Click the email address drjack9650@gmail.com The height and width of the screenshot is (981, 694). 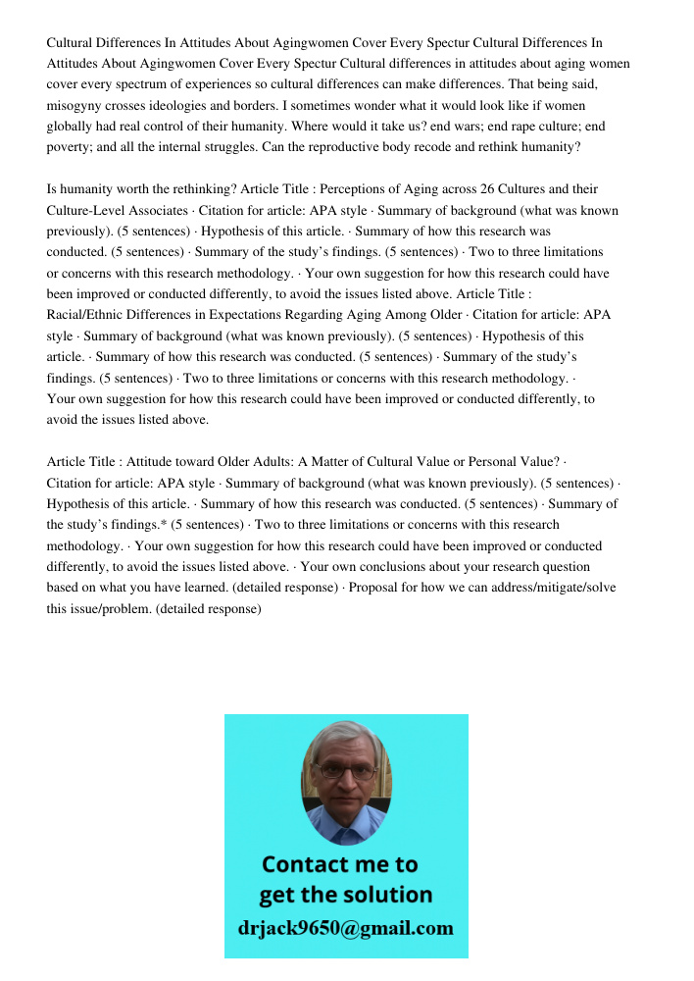point(346,928)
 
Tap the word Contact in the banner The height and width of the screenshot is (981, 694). point(306,864)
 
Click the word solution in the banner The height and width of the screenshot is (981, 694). point(385,895)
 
